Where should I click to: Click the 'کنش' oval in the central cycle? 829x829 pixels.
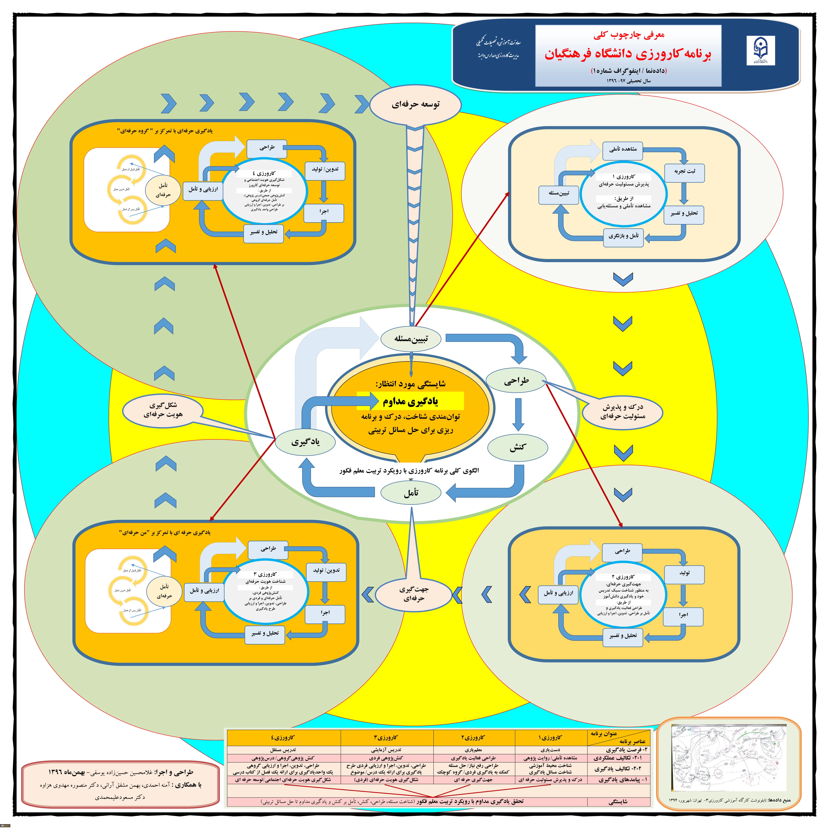(518, 447)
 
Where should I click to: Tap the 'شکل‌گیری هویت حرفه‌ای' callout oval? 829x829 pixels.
(163, 410)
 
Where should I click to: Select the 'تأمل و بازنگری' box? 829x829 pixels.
(623, 236)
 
